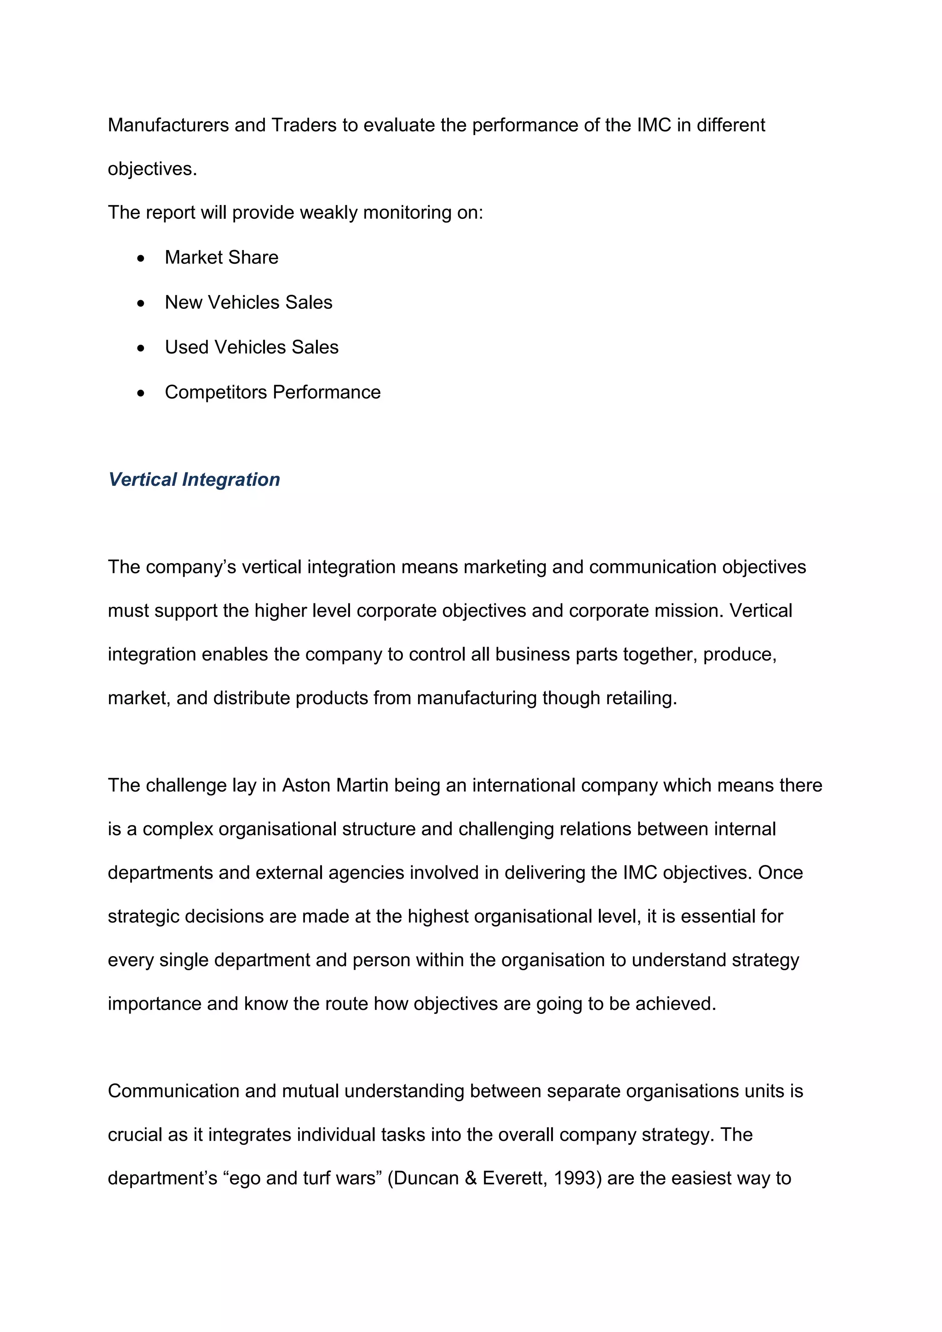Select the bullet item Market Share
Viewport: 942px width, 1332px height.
coord(221,257)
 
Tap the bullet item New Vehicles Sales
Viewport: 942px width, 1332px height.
coord(248,302)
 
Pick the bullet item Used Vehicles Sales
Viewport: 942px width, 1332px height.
coord(251,347)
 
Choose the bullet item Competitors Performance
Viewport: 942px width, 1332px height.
coord(272,392)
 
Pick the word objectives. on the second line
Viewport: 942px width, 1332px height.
coord(152,169)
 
